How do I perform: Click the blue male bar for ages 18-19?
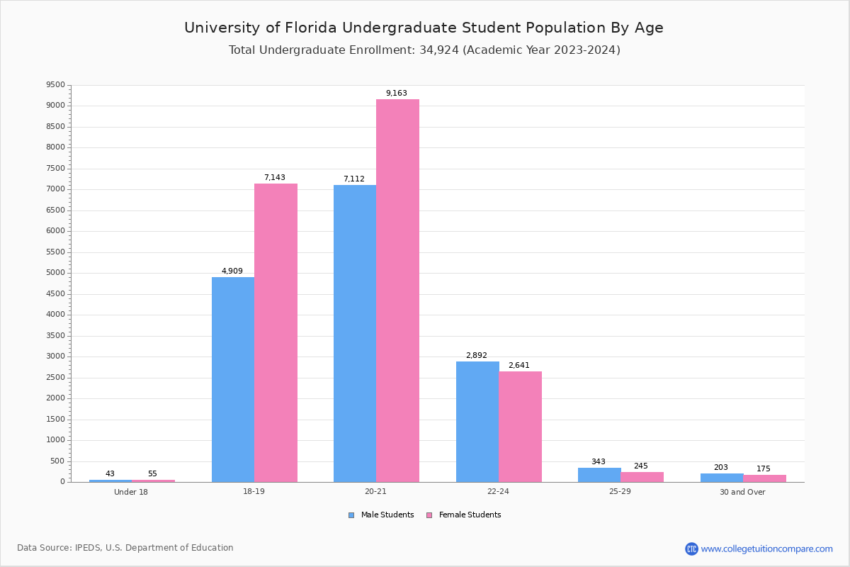pyautogui.click(x=233, y=379)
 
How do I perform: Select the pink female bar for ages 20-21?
pyautogui.click(x=397, y=291)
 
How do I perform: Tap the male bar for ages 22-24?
pyautogui.click(x=477, y=422)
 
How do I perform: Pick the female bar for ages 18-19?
pyautogui.click(x=276, y=333)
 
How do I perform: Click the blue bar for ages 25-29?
pyautogui.click(x=599, y=475)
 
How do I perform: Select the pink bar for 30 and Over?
pyautogui.click(x=764, y=478)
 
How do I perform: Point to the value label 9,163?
pyautogui.click(x=397, y=94)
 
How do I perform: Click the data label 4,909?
pyautogui.click(x=232, y=271)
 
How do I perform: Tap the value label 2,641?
pyautogui.click(x=518, y=366)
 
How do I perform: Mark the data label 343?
pyautogui.click(x=599, y=462)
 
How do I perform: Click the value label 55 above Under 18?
pyautogui.click(x=152, y=474)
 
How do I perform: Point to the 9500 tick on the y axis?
pyautogui.click(x=55, y=85)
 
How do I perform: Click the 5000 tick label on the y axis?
pyautogui.click(x=55, y=273)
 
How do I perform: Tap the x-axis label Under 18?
pyautogui.click(x=131, y=493)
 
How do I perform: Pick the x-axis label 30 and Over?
pyautogui.click(x=742, y=493)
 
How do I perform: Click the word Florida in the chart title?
pyautogui.click(x=312, y=28)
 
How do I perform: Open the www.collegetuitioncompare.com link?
pyautogui.click(x=766, y=549)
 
